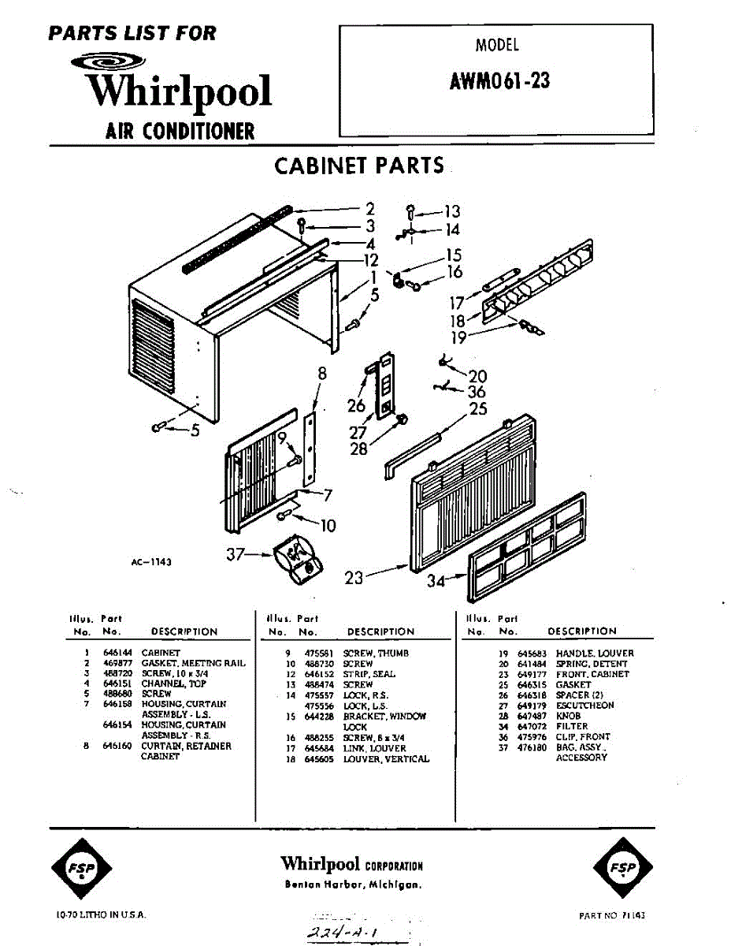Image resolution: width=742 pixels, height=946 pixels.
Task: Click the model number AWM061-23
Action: pos(500,80)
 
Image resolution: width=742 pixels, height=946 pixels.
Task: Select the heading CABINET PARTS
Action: pos(359,166)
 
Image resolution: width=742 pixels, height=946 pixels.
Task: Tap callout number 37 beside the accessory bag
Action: pos(236,555)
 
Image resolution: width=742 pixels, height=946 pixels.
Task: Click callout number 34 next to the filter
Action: pos(436,581)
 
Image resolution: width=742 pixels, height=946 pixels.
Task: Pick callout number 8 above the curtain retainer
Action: pos(321,374)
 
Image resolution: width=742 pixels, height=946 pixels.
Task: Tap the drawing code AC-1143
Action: pos(152,562)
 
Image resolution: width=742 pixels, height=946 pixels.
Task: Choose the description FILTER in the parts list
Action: pos(572,726)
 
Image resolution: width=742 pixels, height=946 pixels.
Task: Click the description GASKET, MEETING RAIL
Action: pos(193,664)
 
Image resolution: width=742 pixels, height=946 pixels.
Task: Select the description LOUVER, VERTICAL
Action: pos(386,758)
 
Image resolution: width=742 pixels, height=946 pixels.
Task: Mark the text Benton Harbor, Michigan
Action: pos(353,885)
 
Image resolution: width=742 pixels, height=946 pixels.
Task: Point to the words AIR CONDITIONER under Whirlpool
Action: pos(180,131)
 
